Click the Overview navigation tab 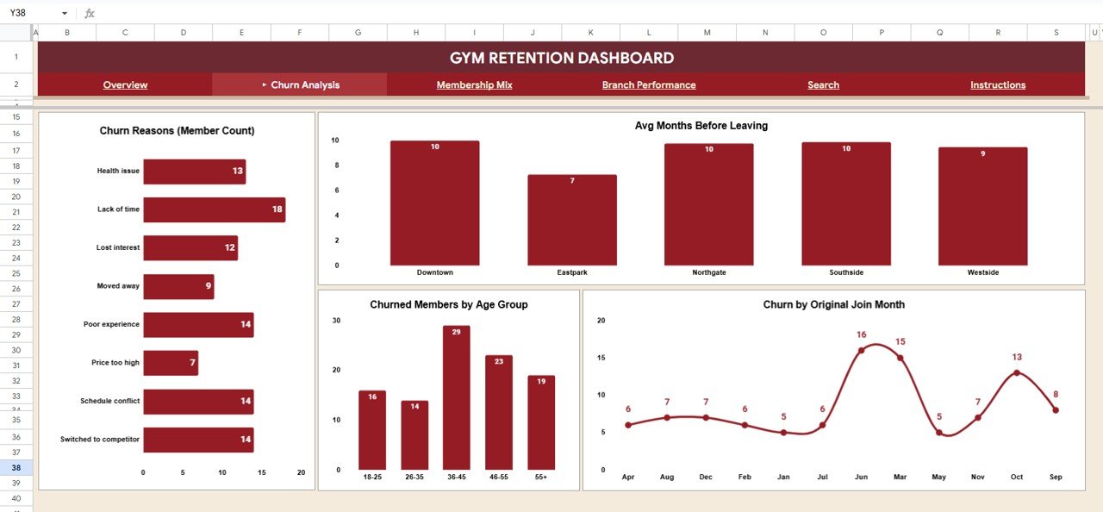coord(125,84)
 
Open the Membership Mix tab coord(474,84)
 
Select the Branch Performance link coord(649,84)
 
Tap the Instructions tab coord(998,84)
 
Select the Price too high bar coord(171,363)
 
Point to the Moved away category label coord(118,286)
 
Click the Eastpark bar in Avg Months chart coord(572,220)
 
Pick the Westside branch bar coord(983,206)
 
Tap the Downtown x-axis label coord(435,272)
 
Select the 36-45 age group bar coord(457,397)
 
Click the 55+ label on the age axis coord(540,477)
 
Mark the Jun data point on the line coord(862,350)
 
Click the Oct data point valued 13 coord(1017,372)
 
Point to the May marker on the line coord(939,432)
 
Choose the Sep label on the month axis coord(1056,477)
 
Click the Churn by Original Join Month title coord(833,304)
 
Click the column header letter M coord(707,33)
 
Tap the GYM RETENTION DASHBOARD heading coord(562,58)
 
